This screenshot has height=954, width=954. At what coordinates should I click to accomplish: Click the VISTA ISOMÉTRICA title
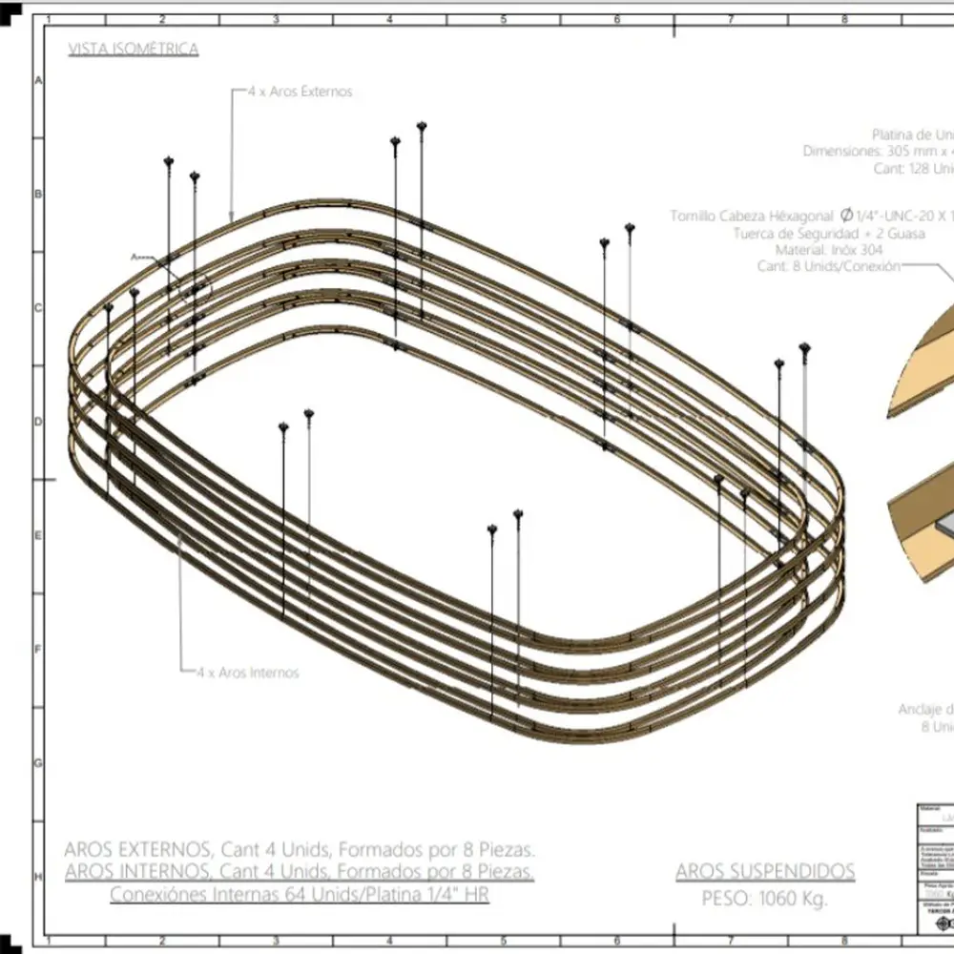134,50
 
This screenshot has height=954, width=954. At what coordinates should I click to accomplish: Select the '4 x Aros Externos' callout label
301,92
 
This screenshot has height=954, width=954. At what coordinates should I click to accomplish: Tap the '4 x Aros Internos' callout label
248,673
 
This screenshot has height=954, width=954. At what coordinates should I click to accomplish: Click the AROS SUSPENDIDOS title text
765,871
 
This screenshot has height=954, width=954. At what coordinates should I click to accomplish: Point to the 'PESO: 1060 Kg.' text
765,898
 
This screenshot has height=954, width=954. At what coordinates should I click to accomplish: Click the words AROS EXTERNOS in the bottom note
137,848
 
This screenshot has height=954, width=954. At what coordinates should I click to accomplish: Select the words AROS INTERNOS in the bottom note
137,871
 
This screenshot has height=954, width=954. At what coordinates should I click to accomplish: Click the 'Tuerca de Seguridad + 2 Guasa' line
829,233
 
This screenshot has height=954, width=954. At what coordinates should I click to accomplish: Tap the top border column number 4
389,18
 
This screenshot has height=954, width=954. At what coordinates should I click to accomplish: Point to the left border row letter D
38,421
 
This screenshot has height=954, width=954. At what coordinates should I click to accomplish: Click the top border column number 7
731,18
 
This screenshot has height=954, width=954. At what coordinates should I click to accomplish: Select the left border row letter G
38,763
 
